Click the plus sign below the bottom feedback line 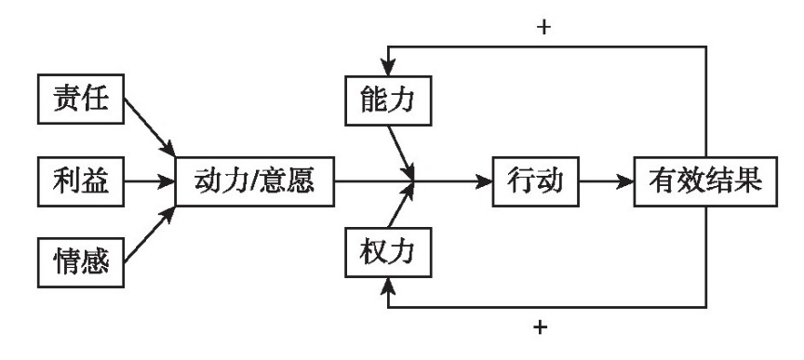(543, 330)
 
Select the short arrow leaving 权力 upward (400, 210)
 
